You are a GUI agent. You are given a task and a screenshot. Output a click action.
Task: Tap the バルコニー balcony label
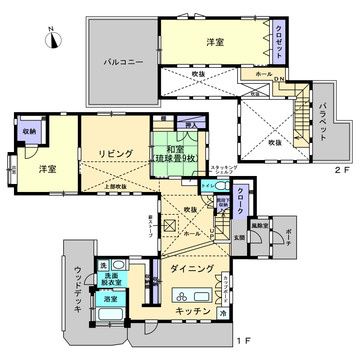124,62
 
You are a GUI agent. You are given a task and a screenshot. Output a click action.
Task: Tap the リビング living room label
116,153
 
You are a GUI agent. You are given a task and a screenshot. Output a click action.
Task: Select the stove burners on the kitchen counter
184,296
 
